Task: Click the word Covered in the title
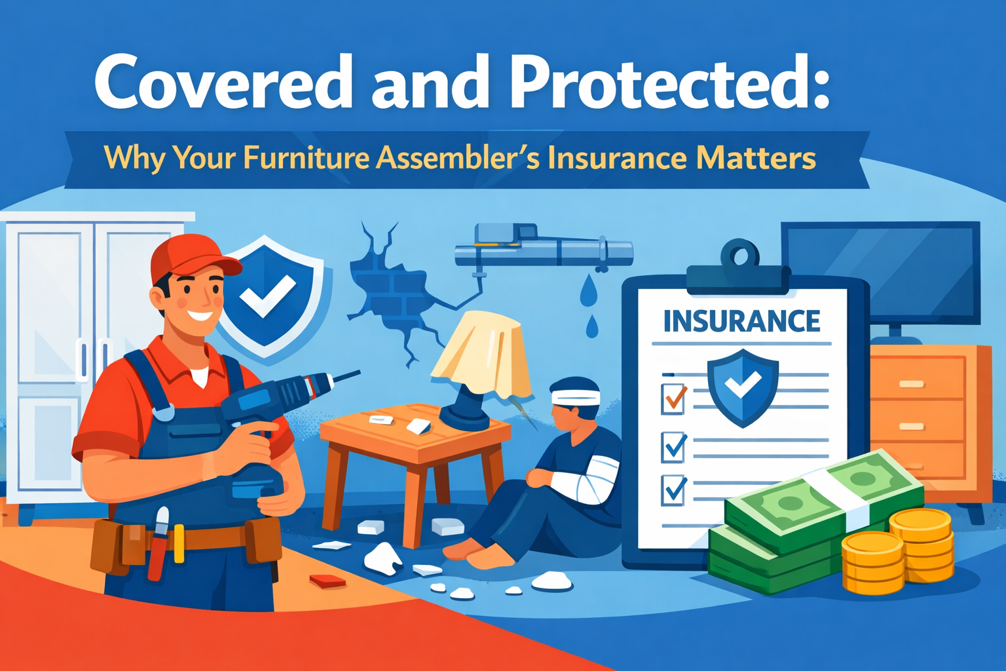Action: point(223,82)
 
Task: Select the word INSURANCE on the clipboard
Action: point(741,322)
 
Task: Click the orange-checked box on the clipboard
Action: point(674,398)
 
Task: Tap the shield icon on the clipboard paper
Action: point(743,387)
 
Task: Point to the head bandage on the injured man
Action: point(575,397)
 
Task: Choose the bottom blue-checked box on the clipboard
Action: point(674,490)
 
